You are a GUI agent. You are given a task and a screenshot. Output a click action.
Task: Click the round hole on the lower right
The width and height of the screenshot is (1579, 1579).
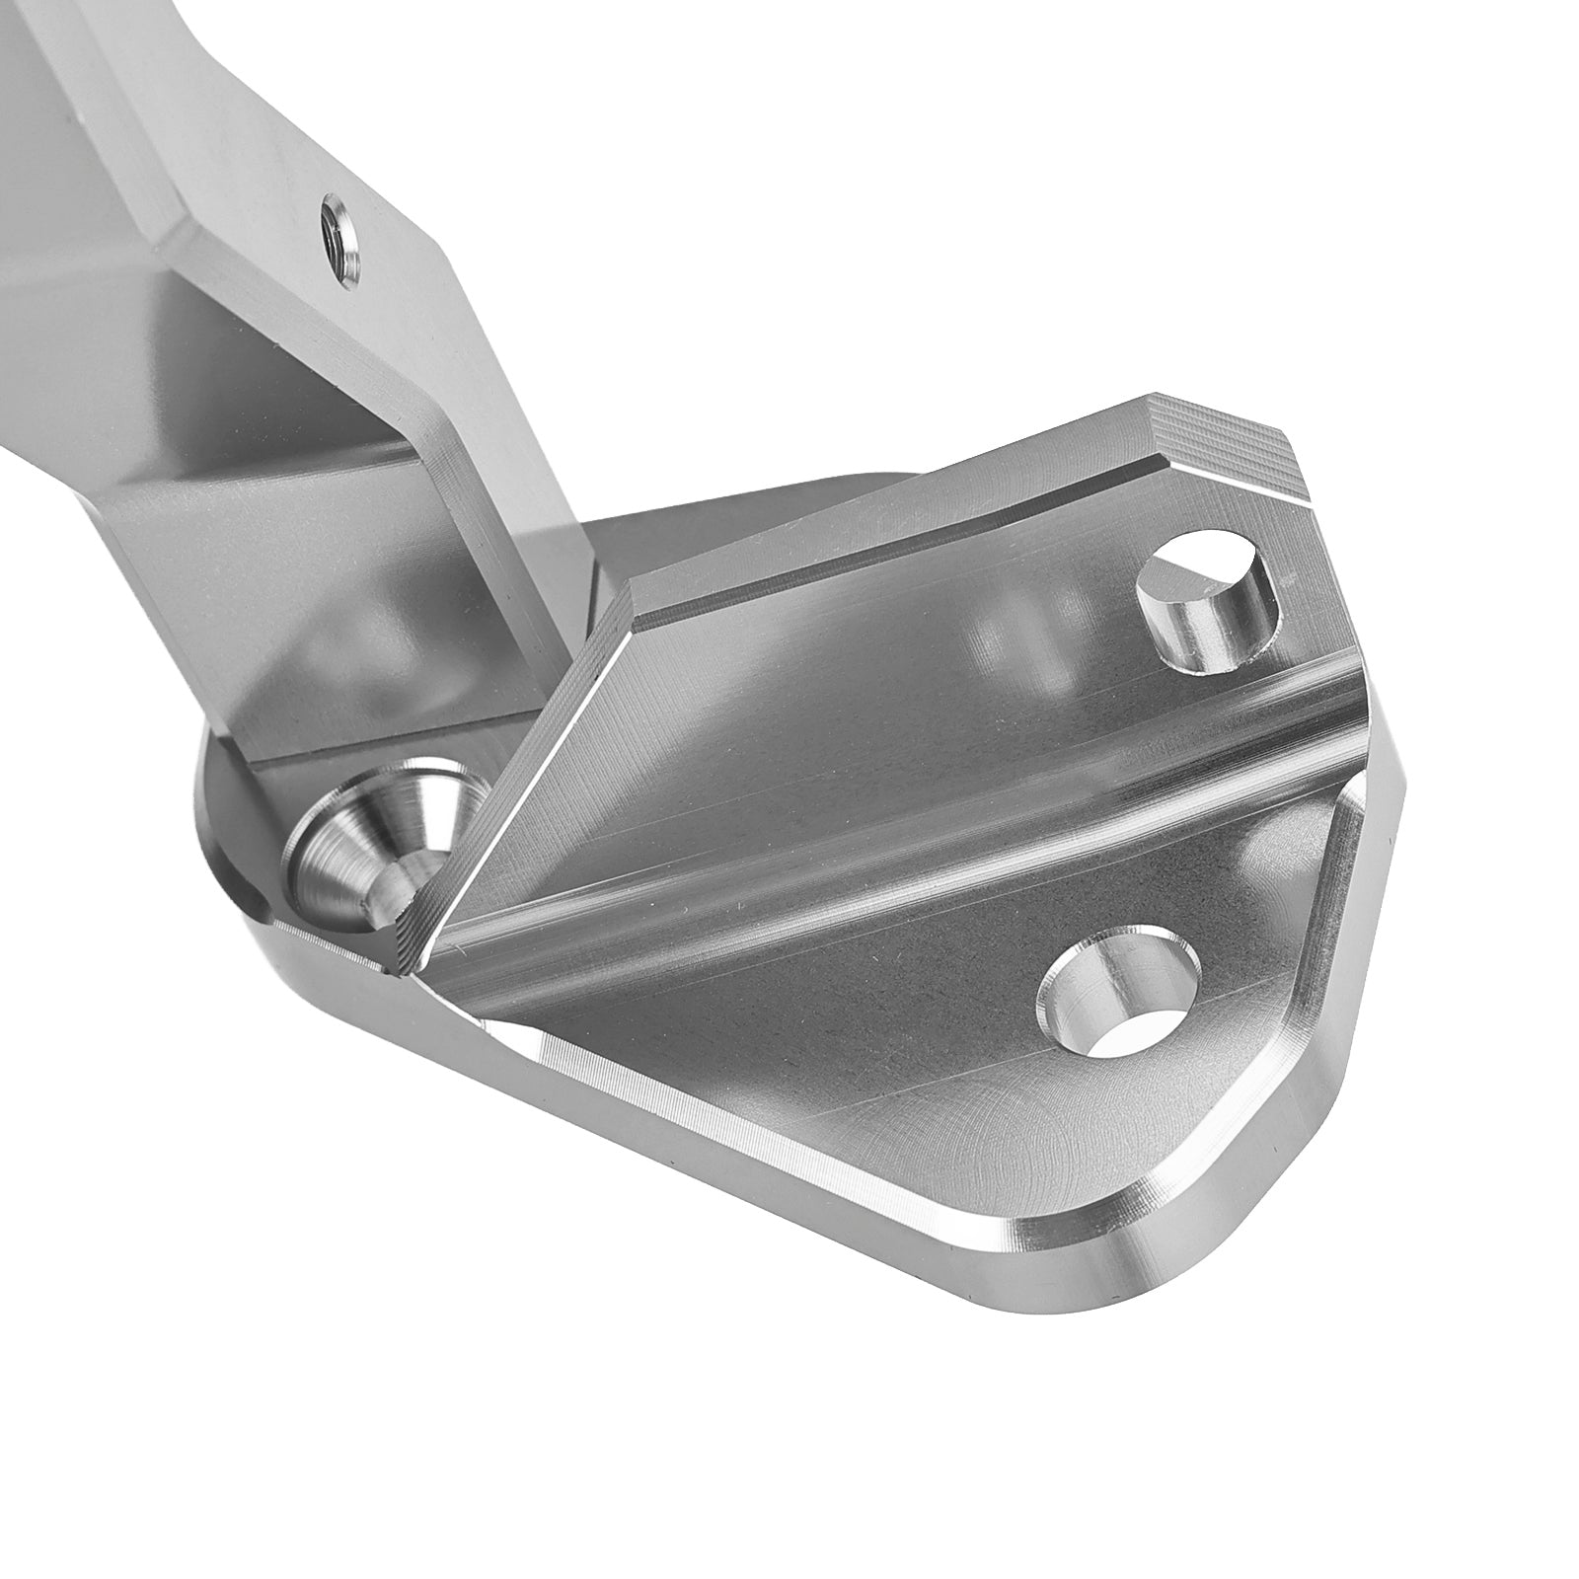tap(1123, 1001)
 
